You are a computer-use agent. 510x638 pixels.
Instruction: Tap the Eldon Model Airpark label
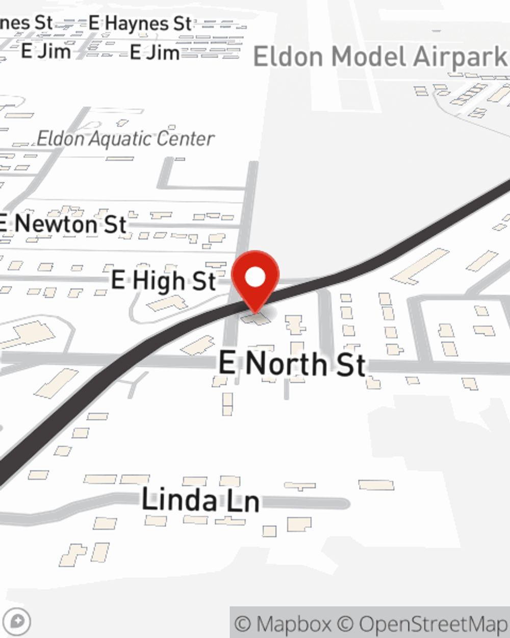click(x=380, y=57)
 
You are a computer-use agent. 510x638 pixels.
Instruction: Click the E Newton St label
click(x=63, y=224)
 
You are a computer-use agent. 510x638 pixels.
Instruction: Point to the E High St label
click(x=163, y=281)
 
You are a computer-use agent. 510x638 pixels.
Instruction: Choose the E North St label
click(x=292, y=363)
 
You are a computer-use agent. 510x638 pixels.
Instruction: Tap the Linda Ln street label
click(x=200, y=500)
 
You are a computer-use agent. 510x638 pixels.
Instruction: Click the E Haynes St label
click(x=140, y=23)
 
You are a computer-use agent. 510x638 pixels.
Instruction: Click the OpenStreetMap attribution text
click(x=432, y=624)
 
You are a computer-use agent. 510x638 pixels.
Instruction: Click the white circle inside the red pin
click(x=255, y=277)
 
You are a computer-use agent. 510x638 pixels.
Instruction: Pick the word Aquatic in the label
click(x=122, y=138)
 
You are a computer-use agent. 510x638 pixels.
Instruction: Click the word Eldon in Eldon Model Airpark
click(x=288, y=57)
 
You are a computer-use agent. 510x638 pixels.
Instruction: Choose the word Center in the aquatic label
click(x=186, y=139)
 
